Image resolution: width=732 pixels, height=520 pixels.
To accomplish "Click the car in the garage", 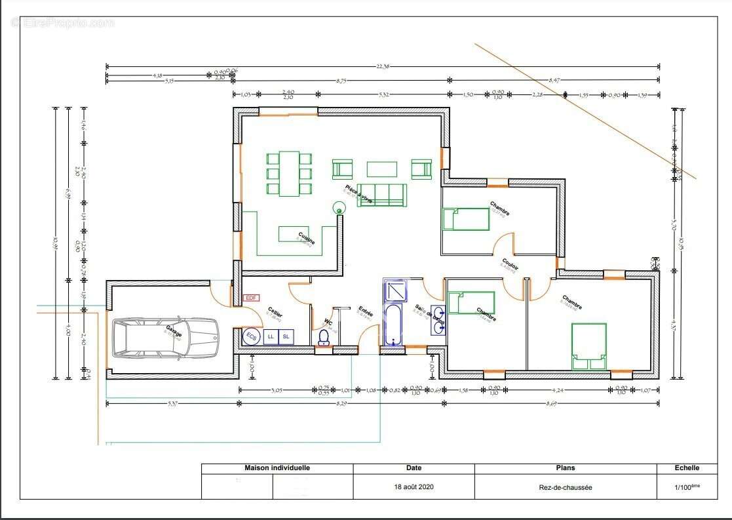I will [164, 338].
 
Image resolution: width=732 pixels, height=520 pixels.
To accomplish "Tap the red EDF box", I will [251, 298].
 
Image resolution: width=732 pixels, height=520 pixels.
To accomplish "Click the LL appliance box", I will [271, 336].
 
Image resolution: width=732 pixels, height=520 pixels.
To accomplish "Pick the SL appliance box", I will [286, 336].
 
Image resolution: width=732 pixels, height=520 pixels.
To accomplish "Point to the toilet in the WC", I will [322, 336].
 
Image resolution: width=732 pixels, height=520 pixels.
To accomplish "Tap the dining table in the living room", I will [289, 173].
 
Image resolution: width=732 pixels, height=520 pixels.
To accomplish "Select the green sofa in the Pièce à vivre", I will [382, 195].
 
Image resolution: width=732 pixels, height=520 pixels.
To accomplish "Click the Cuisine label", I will [307, 238].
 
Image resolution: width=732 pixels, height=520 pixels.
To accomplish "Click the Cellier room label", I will [275, 313].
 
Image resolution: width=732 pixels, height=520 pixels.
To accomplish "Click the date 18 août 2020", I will [414, 487].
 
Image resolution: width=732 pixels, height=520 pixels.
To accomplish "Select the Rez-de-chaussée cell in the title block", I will [566, 487].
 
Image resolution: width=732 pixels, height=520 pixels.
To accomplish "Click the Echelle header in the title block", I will [687, 468].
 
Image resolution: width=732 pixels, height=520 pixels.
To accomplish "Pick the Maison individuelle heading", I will [277, 468].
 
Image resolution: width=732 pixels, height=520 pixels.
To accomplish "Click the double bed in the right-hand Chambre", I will [588, 346].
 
